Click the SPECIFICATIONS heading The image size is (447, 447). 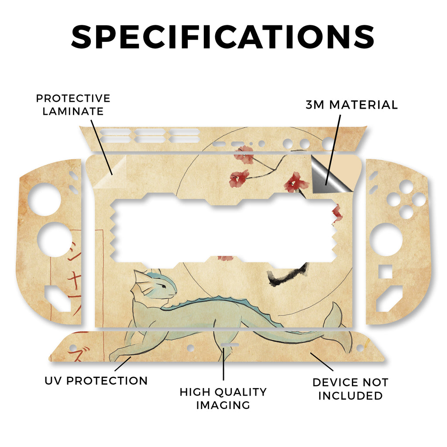[223, 37]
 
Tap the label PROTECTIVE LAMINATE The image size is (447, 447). [73, 105]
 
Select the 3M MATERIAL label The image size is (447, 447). [351, 105]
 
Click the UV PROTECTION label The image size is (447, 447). [96, 381]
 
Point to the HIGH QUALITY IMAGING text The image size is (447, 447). [223, 398]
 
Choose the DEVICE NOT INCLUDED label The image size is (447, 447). [350, 389]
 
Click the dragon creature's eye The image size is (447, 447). [162, 285]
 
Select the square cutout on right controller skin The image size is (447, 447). [385, 272]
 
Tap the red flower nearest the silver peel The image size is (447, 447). [296, 182]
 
